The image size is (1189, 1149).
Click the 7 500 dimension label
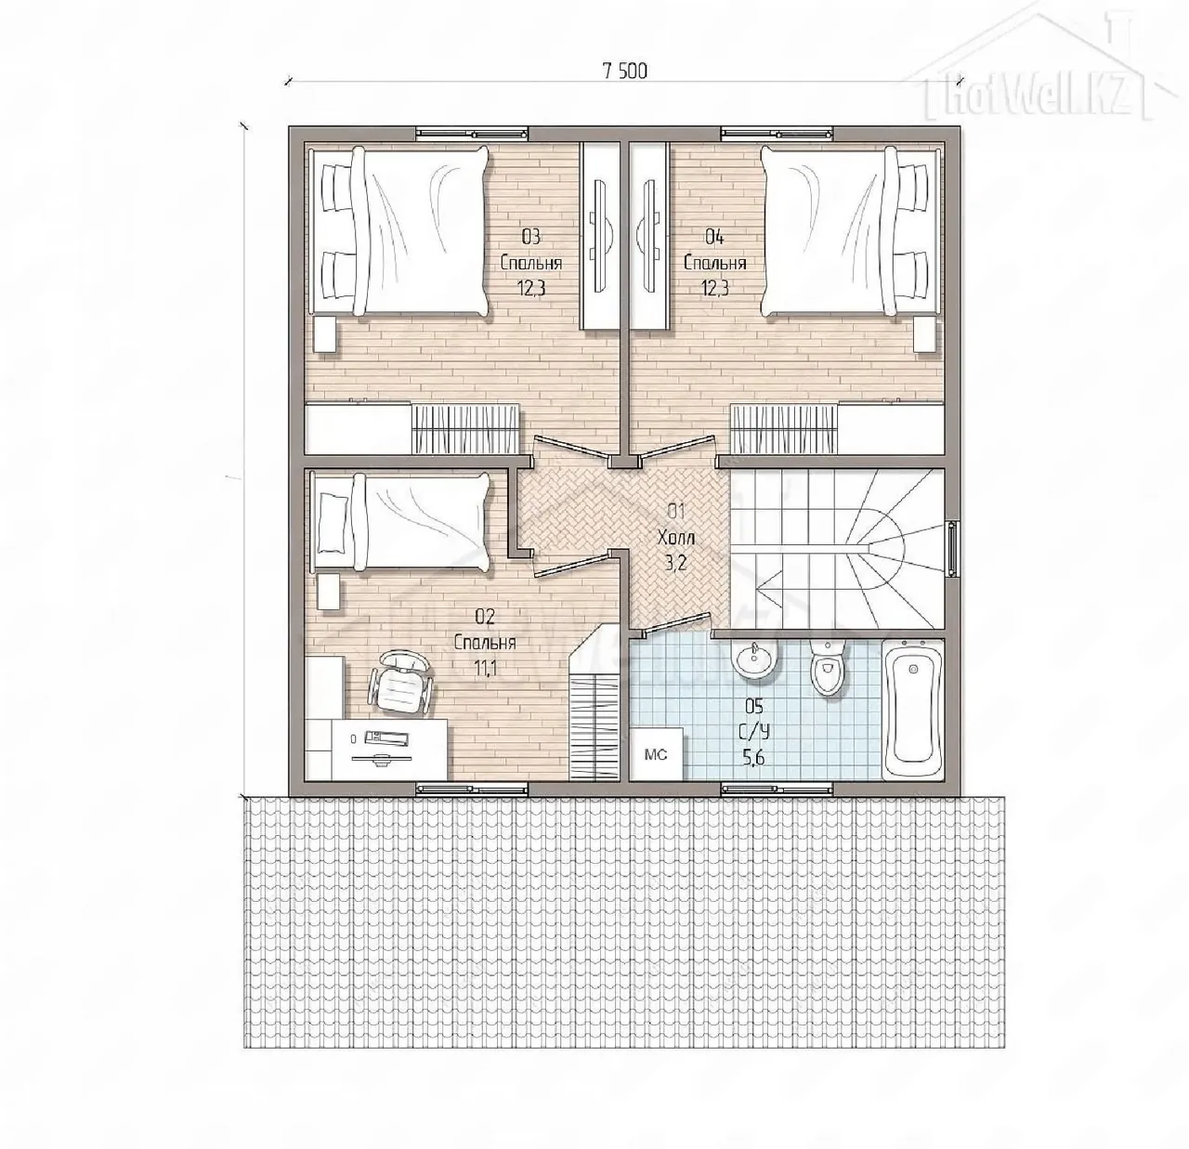[x=624, y=72]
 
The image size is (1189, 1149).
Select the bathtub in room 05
[x=912, y=709]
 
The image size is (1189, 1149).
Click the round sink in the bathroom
[x=754, y=659]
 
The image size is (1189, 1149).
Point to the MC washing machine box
[x=656, y=754]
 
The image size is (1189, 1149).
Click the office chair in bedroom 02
[x=400, y=682]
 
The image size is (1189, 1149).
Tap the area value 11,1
[x=485, y=668]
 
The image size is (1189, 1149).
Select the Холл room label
[x=675, y=538]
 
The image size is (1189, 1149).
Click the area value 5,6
[x=754, y=758]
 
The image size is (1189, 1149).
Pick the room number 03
[x=531, y=237]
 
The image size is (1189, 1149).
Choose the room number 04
[x=714, y=237]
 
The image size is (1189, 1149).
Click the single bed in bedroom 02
[x=400, y=523]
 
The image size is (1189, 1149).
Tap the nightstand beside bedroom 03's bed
[x=324, y=333]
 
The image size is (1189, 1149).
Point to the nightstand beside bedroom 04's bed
[x=925, y=333]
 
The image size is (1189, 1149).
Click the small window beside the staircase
[x=952, y=548]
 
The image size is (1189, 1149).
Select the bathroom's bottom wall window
[x=777, y=790]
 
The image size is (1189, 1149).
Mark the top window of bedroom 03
[x=472, y=133]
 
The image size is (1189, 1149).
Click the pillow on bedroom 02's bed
[x=333, y=523]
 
